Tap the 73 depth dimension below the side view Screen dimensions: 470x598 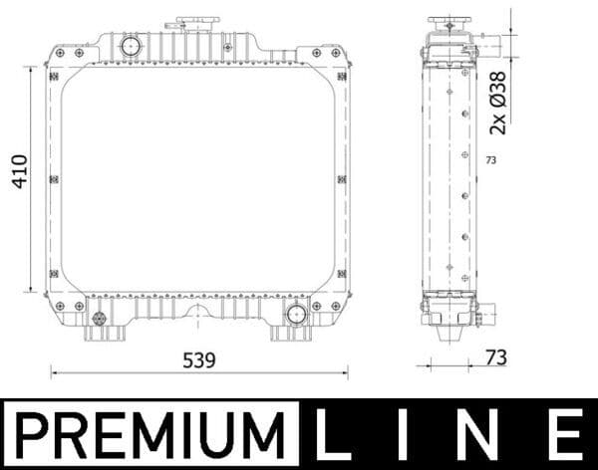[x=494, y=357]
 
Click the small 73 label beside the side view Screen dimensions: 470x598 [x=490, y=159]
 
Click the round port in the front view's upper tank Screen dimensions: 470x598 [x=131, y=46]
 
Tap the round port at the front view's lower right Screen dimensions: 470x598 [x=295, y=315]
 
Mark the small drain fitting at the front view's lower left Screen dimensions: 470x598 [x=99, y=319]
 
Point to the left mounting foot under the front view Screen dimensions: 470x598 [x=101, y=332]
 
